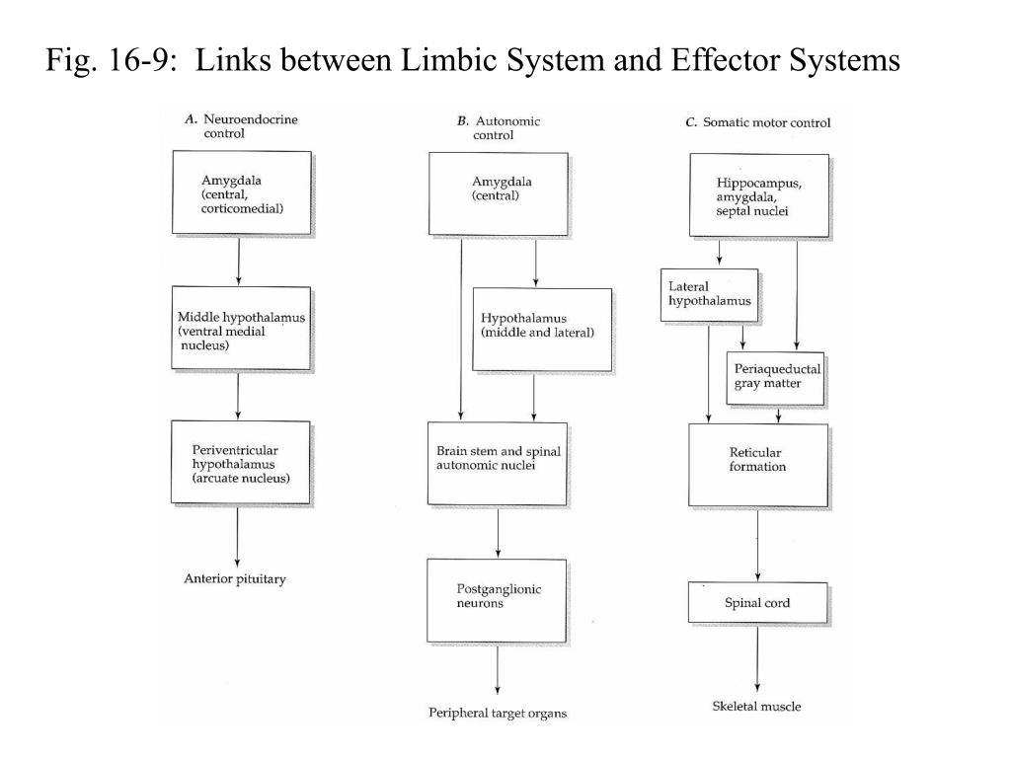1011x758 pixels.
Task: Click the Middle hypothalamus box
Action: click(241, 328)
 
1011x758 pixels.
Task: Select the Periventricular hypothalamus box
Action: click(241, 463)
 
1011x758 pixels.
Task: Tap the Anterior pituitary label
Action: click(235, 578)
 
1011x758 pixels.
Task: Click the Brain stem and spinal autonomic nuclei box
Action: click(498, 464)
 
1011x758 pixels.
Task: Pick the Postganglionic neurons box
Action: click(497, 600)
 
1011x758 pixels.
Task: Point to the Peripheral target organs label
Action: click(498, 713)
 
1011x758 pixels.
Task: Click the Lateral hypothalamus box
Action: click(709, 294)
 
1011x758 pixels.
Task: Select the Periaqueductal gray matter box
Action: click(776, 378)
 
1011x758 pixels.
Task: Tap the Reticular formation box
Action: click(758, 466)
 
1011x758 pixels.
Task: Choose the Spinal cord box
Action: click(757, 603)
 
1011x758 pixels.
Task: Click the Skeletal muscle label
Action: click(757, 707)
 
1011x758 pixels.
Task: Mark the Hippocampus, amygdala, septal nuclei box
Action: click(759, 195)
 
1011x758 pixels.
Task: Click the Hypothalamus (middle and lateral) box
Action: click(542, 330)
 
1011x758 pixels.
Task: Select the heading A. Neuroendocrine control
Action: click(241, 125)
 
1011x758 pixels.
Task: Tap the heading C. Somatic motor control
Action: click(758, 122)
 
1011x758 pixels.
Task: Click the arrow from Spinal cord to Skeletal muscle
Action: click(757, 658)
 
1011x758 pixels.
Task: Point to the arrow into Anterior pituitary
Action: click(237, 537)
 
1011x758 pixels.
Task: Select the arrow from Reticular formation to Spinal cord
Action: click(757, 545)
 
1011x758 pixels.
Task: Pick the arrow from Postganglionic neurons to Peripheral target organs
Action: click(498, 670)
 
